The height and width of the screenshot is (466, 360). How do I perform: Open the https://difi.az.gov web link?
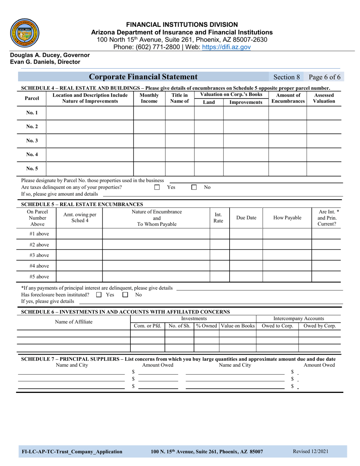227,47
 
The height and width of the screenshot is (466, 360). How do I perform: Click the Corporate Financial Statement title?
143,77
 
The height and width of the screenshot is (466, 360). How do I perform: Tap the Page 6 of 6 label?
325,77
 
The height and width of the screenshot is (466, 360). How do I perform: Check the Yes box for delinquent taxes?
157,187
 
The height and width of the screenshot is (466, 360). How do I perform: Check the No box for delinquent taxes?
194,187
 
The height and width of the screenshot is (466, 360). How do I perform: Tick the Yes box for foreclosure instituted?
99,294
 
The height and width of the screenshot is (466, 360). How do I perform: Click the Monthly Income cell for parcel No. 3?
149,141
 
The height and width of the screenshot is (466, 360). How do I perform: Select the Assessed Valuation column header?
324,99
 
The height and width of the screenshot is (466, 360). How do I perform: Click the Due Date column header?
246,218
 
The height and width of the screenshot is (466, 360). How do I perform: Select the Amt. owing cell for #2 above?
79,244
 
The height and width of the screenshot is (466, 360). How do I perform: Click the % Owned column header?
207,326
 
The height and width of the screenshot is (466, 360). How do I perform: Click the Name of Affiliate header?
74,322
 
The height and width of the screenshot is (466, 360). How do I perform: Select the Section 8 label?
286,77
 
